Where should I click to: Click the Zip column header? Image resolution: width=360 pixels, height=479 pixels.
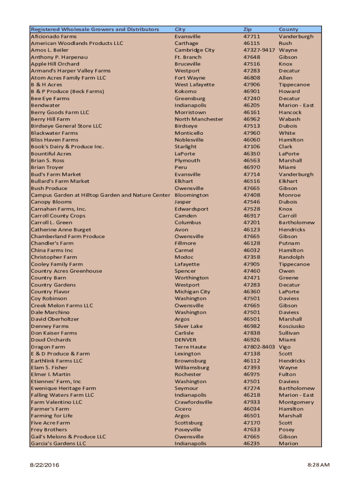pyautogui.click(x=247, y=29)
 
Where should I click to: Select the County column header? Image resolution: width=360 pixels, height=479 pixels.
pyautogui.click(x=288, y=29)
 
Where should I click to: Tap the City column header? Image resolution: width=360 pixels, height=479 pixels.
pyautogui.click(x=180, y=29)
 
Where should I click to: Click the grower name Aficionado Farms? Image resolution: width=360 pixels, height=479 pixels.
pyautogui.click(x=54, y=36)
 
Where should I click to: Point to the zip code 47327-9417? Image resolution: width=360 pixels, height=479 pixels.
pyautogui.click(x=259, y=50)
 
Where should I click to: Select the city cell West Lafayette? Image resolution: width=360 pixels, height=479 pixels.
pyautogui.click(x=194, y=85)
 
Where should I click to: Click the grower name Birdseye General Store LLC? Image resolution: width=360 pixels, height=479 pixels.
pyautogui.click(x=66, y=126)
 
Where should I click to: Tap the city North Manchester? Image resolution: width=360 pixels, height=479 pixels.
pyautogui.click(x=199, y=119)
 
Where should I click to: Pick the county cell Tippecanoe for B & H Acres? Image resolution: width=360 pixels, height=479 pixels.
pyautogui.click(x=294, y=85)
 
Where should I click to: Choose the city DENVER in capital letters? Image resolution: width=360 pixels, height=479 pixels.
pyautogui.click(x=186, y=340)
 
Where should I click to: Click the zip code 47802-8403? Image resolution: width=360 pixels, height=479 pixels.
pyautogui.click(x=259, y=347)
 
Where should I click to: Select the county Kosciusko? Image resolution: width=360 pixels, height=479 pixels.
pyautogui.click(x=292, y=326)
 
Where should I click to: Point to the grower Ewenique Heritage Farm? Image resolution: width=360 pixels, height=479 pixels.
pyautogui.click(x=64, y=388)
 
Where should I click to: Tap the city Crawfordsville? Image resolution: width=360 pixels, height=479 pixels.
pyautogui.click(x=194, y=402)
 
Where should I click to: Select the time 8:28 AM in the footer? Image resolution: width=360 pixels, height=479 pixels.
pyautogui.click(x=318, y=465)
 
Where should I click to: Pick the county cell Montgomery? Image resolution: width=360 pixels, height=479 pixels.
pyautogui.click(x=296, y=402)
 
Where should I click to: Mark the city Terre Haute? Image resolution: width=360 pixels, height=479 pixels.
pyautogui.click(x=190, y=347)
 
